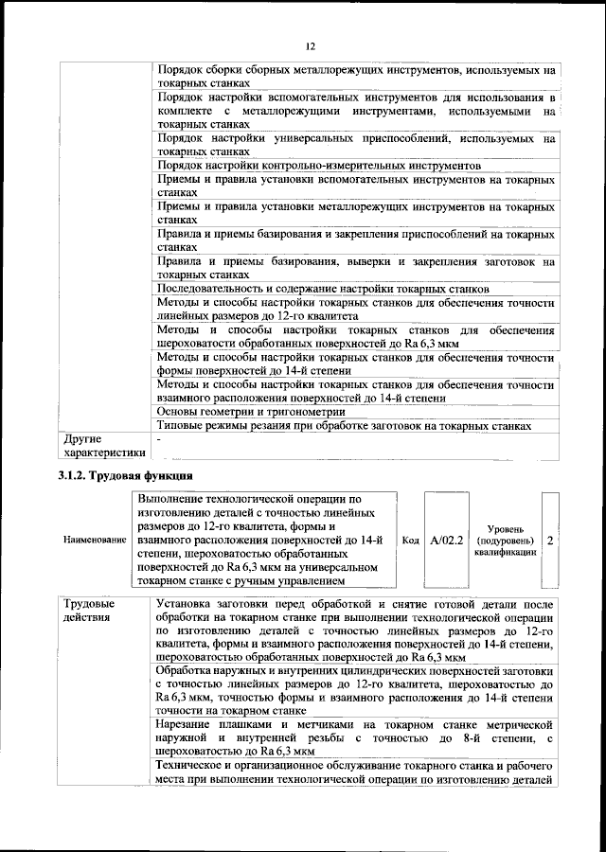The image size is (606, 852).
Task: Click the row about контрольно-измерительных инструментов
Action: pos(307,165)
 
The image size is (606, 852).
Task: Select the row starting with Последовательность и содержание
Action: pos(323,288)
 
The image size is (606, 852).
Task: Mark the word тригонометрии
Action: pos(300,412)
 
